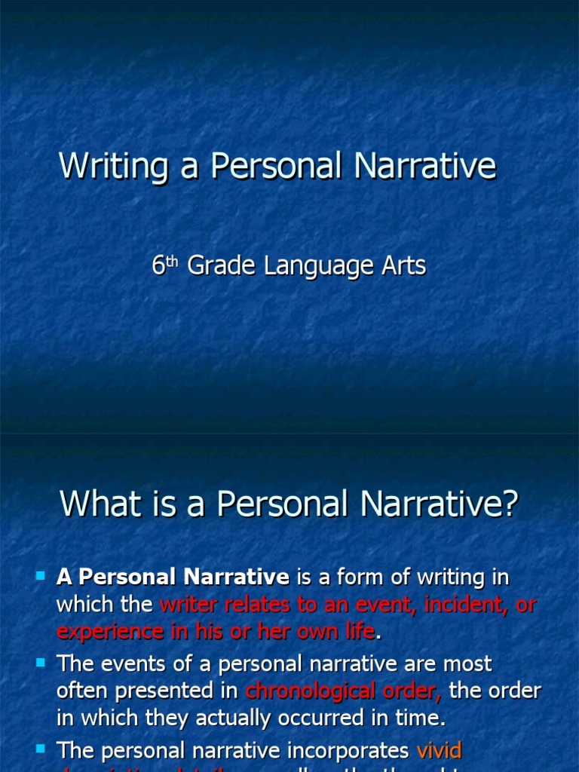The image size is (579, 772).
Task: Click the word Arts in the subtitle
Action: coord(402,265)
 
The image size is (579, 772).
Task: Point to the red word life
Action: coord(358,631)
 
